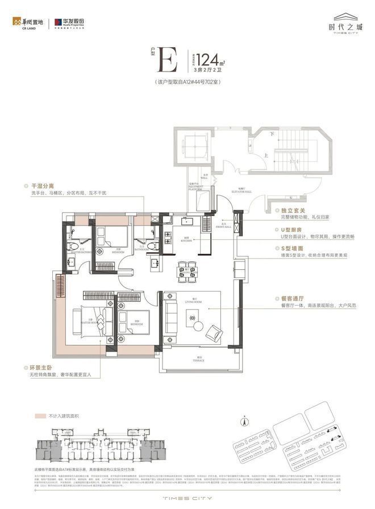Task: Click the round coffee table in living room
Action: (198, 325)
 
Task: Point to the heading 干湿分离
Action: (37, 185)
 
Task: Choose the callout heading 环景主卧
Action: (37, 368)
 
